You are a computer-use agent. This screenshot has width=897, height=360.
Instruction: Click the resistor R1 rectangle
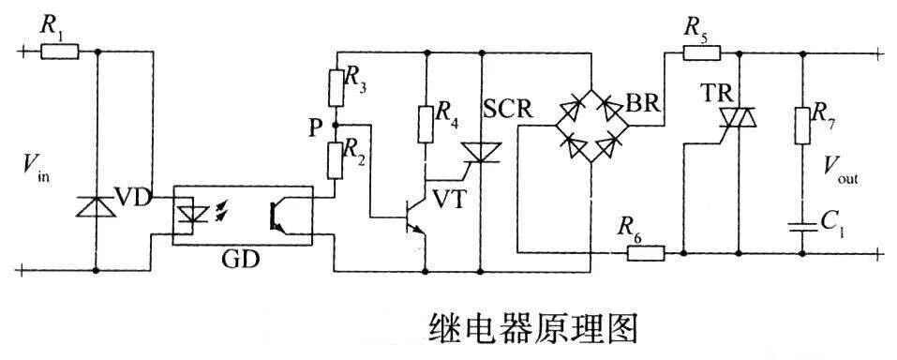click(x=60, y=52)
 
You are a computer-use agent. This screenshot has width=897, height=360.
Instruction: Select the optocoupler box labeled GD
click(x=241, y=215)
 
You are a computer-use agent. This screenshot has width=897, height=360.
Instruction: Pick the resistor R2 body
click(x=336, y=157)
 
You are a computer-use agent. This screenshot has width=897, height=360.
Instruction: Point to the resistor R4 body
click(x=426, y=122)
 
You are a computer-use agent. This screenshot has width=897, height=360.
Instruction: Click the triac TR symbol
click(x=738, y=116)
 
